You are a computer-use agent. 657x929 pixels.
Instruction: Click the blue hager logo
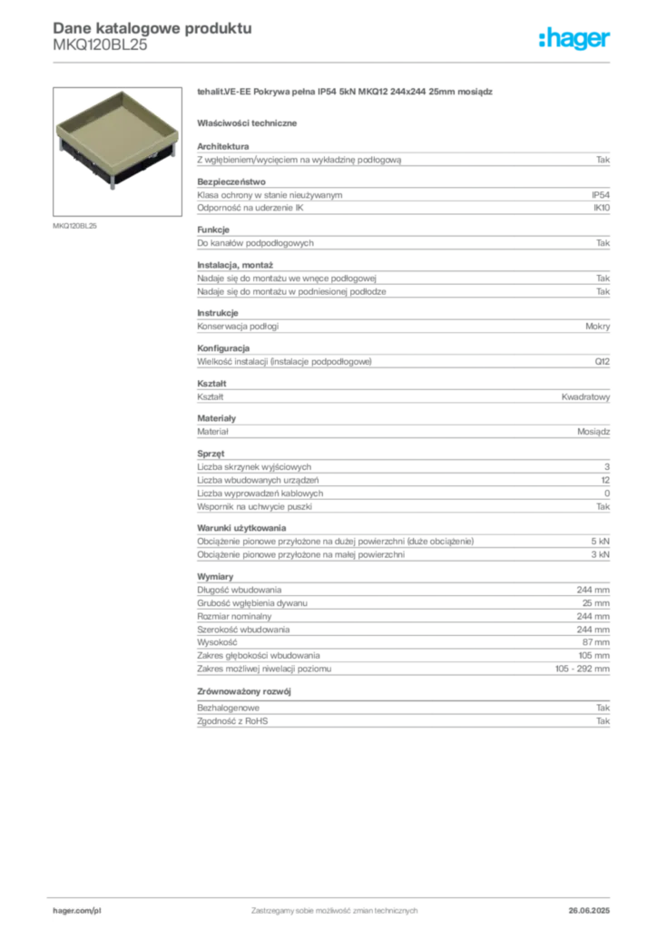pos(575,40)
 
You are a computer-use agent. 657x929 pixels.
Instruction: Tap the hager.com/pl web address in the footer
pos(79,908)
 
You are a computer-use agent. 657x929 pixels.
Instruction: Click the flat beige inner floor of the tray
pos(119,129)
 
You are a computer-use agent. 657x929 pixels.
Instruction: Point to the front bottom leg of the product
pos(115,188)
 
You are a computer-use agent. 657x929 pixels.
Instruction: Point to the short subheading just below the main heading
pos(250,122)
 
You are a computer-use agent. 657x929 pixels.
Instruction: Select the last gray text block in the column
pos(403,717)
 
